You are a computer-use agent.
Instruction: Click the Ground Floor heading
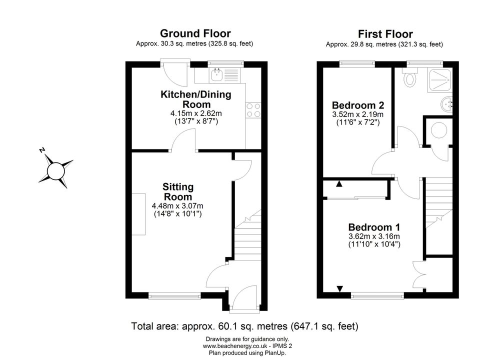(195, 33)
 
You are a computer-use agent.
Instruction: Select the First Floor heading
(385, 34)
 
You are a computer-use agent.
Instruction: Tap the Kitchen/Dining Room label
(196, 99)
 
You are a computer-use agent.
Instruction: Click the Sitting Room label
(177, 191)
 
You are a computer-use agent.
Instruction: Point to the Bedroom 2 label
(358, 105)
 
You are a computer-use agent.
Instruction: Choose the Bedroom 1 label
(374, 227)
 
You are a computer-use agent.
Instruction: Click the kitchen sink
(217, 75)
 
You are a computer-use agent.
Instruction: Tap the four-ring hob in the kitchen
(253, 110)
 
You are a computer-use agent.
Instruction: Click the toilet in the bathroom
(410, 77)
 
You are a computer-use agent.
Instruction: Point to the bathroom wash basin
(446, 103)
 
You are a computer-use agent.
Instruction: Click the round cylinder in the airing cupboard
(439, 130)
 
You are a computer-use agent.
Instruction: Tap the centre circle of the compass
(56, 171)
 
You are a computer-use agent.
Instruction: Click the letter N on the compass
(42, 149)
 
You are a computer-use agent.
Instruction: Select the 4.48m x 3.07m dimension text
(177, 206)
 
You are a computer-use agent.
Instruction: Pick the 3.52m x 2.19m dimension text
(358, 114)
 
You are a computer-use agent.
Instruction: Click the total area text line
(244, 326)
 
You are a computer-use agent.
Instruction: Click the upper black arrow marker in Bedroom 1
(339, 183)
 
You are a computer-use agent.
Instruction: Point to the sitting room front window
(174, 295)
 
